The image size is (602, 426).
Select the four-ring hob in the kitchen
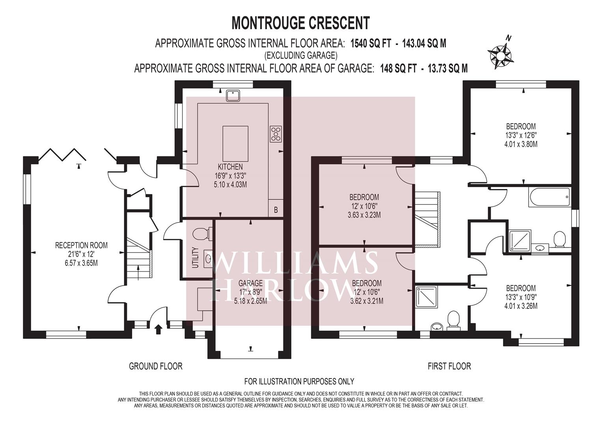point(276,134)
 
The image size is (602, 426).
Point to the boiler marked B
point(276,208)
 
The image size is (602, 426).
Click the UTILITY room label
point(196,257)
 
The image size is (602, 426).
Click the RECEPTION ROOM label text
point(81,245)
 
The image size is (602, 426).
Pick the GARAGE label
point(250,283)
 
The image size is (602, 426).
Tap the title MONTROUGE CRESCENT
point(301,23)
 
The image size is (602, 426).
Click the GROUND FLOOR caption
point(156,366)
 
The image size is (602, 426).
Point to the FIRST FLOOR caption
point(449,366)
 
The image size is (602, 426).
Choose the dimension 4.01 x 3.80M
point(521,144)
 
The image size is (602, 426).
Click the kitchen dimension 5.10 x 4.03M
point(230,185)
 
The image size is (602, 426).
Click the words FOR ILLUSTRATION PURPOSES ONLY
point(299,381)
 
